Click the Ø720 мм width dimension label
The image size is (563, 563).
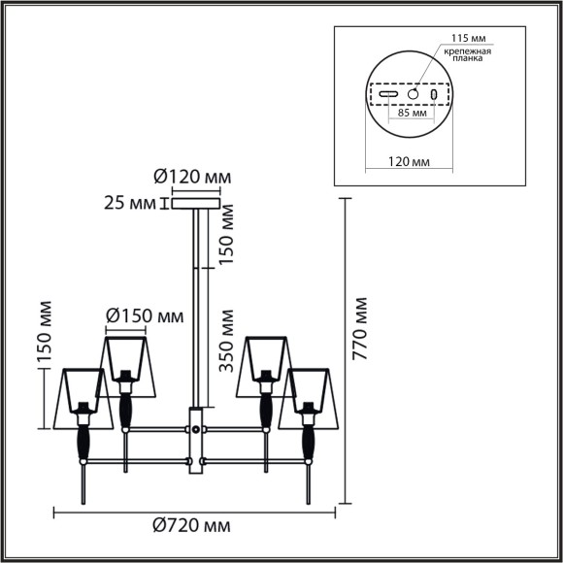coord(192,526)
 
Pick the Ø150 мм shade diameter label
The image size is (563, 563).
coord(143,315)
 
